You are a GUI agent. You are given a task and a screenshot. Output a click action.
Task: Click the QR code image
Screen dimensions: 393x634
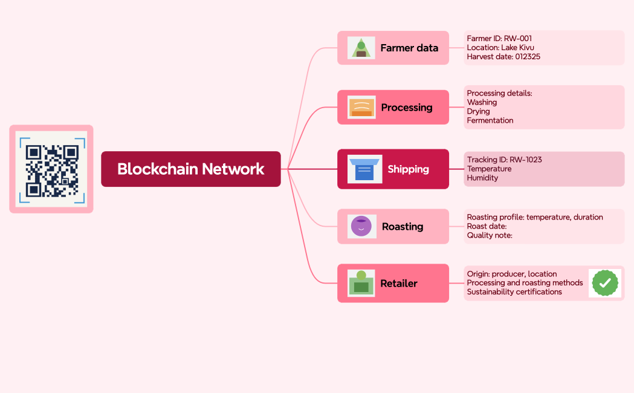(x=51, y=169)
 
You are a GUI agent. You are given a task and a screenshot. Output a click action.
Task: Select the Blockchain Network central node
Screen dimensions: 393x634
(x=190, y=169)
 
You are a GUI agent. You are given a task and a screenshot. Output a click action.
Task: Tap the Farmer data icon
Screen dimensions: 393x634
(x=361, y=48)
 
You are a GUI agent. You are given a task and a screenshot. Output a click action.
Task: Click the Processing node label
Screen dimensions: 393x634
(x=406, y=108)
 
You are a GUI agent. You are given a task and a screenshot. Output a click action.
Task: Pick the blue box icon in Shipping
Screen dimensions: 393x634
(x=364, y=169)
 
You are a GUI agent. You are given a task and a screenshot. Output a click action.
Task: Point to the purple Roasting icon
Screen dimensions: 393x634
(x=361, y=226)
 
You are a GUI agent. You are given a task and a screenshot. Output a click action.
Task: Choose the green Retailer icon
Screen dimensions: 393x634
(x=361, y=283)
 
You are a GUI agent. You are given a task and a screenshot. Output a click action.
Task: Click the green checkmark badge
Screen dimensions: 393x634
(x=604, y=283)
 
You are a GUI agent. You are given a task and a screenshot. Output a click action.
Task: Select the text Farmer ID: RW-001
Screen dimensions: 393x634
(x=499, y=39)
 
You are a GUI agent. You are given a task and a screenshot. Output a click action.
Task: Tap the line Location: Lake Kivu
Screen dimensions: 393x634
(x=500, y=48)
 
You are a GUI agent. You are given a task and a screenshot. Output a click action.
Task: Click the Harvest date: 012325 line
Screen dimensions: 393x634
(x=503, y=57)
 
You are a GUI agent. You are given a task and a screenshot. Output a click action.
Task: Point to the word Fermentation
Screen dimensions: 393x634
(x=490, y=120)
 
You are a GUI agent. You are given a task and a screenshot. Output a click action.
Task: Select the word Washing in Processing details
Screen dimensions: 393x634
(x=482, y=102)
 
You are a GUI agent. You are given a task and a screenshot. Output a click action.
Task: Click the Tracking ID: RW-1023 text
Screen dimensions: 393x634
(x=504, y=160)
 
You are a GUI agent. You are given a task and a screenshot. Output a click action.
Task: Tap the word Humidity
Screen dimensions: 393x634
(x=482, y=178)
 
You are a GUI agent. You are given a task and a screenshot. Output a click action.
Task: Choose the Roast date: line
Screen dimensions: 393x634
(x=487, y=226)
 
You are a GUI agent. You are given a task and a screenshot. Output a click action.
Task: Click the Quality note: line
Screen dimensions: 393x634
(x=490, y=235)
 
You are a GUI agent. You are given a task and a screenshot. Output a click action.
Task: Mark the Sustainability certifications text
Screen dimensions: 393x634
(x=514, y=292)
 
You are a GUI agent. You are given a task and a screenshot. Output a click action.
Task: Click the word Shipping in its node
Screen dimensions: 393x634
(x=408, y=169)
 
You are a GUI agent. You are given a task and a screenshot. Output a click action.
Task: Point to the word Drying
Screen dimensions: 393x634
(x=478, y=111)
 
